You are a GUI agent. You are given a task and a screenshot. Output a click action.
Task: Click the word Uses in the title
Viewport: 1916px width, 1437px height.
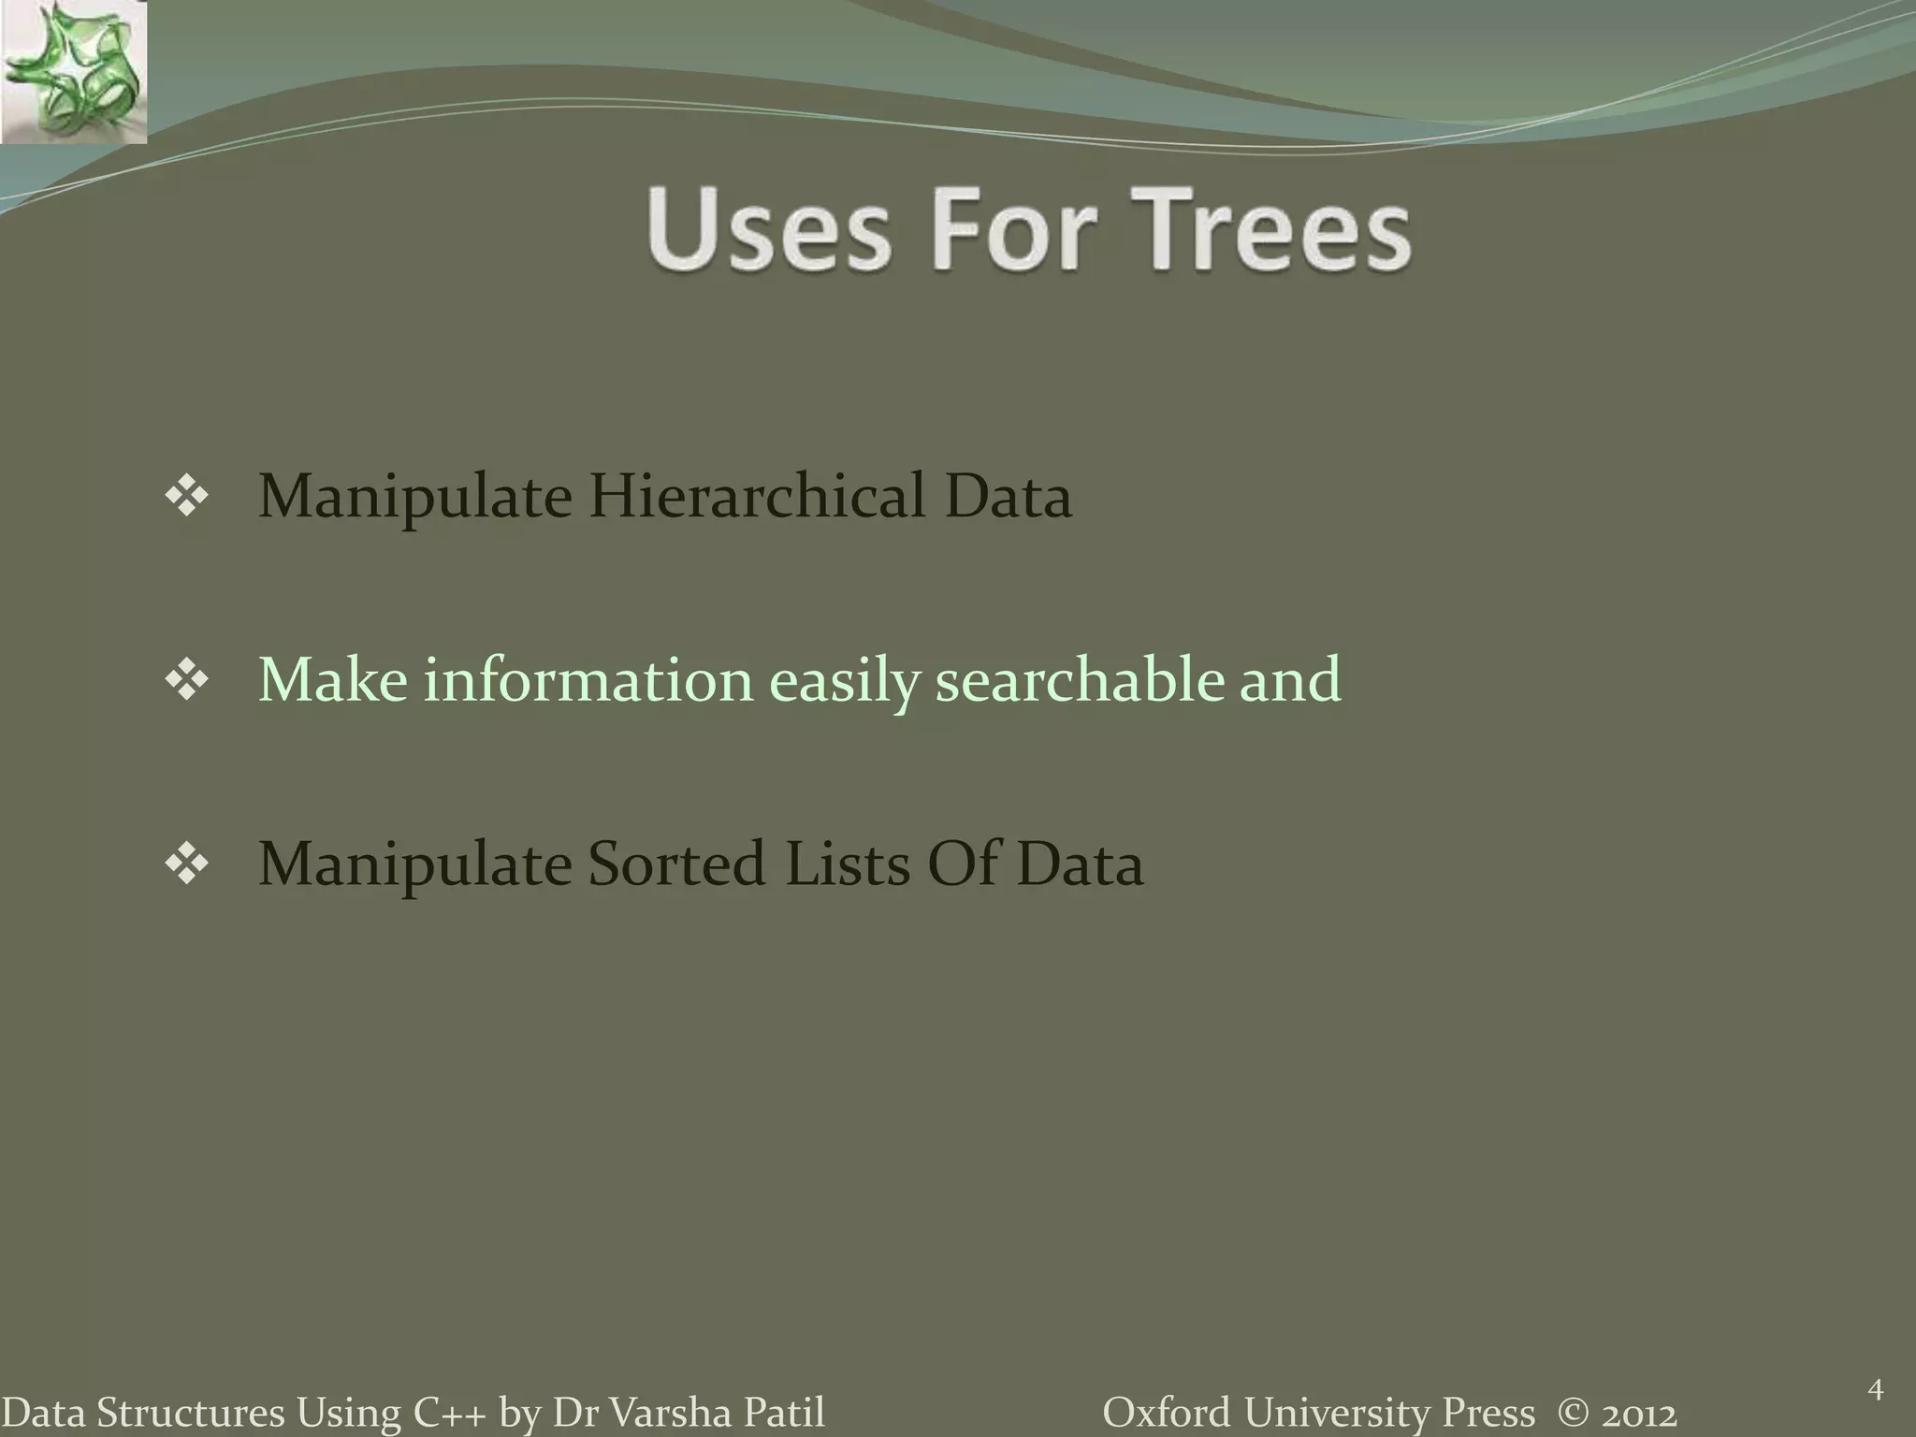(x=767, y=229)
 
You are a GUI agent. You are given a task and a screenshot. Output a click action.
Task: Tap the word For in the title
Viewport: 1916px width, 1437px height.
(x=1012, y=229)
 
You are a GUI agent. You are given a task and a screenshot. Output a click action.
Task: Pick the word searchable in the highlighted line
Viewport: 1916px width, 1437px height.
(x=1079, y=679)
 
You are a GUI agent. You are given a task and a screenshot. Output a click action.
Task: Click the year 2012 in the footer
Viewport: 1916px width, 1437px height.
(x=1637, y=1413)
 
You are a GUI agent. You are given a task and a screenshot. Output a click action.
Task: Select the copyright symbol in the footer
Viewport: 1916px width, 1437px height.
(x=1571, y=1413)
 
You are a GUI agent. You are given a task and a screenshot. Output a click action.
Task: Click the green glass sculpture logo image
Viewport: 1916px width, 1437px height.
(x=73, y=71)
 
